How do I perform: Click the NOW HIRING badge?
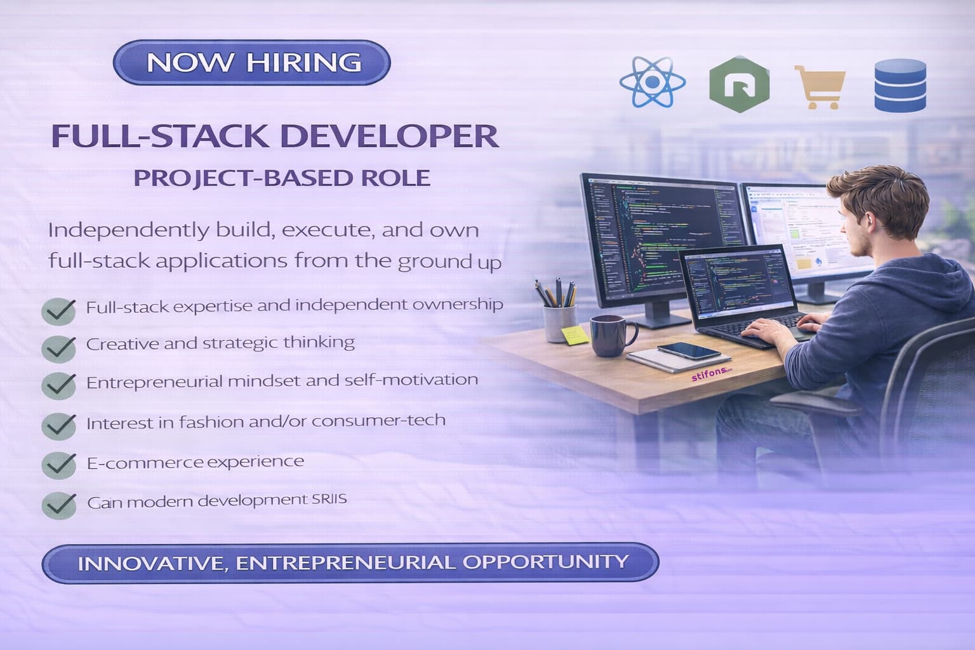point(252,63)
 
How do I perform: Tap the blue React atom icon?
point(652,83)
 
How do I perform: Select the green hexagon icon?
point(739,84)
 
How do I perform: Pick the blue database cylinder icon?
point(900,85)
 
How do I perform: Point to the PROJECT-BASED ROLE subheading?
point(282,178)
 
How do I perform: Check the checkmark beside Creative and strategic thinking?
point(58,347)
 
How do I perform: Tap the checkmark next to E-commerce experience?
point(58,465)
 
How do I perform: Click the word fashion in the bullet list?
point(211,421)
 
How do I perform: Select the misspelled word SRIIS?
point(329,499)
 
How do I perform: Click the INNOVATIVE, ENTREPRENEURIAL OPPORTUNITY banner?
point(350,562)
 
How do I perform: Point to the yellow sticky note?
point(574,335)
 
